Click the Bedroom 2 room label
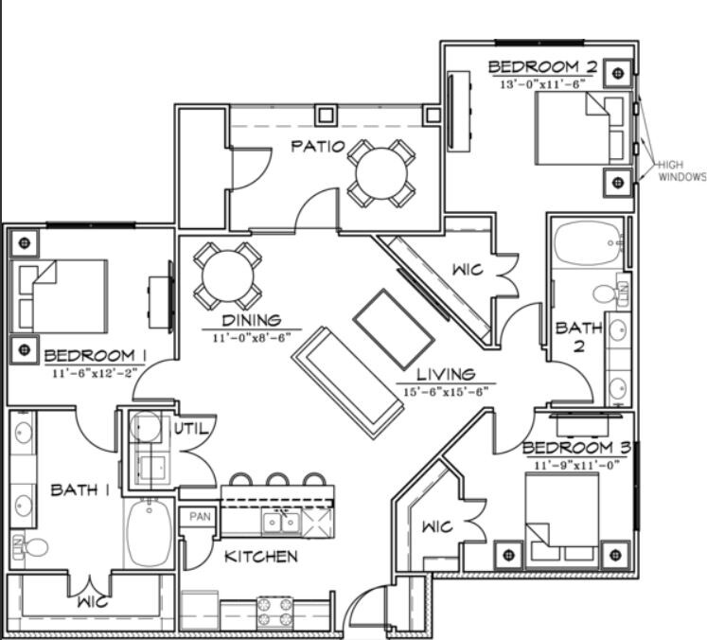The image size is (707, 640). pyautogui.click(x=542, y=67)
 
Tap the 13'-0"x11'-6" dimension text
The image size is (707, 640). pyautogui.click(x=542, y=83)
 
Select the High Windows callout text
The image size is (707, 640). pyautogui.click(x=681, y=170)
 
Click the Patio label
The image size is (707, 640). pyautogui.click(x=314, y=147)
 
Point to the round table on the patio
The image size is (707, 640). pyautogui.click(x=381, y=172)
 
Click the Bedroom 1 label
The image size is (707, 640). pyautogui.click(x=95, y=356)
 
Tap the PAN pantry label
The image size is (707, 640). pyautogui.click(x=199, y=517)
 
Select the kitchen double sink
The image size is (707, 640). pyautogui.click(x=281, y=522)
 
